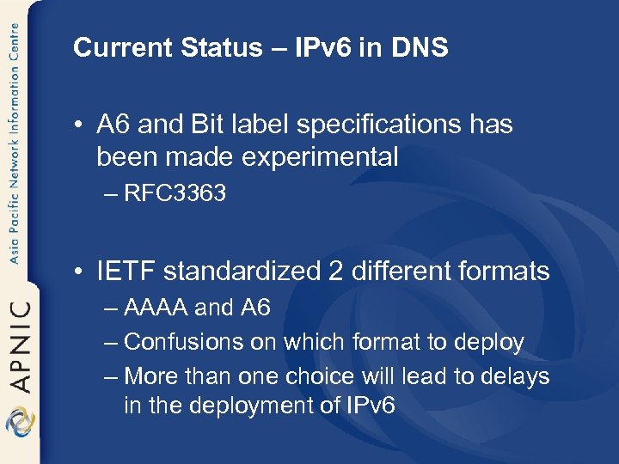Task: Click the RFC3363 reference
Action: click(175, 193)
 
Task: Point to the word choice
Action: click(354, 376)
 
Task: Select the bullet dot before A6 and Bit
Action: click(78, 125)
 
